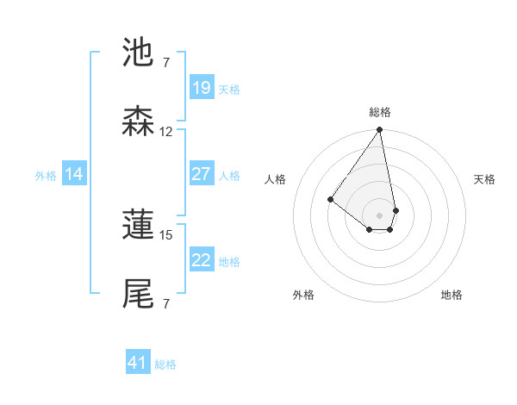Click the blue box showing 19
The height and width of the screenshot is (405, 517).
point(201,88)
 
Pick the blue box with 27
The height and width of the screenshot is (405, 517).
point(201,174)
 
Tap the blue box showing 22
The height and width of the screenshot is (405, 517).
point(201,260)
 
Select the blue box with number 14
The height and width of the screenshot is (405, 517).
point(74,174)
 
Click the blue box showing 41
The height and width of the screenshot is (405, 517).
point(138,363)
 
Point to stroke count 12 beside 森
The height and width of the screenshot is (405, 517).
point(166,132)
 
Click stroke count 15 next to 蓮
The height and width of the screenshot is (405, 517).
point(166,234)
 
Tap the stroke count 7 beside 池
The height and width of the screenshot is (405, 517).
point(166,63)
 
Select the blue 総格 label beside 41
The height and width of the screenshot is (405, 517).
point(165,364)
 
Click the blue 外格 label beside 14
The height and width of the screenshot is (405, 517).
point(46,176)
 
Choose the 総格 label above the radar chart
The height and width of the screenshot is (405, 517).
point(380,112)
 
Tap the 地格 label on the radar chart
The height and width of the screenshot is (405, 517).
point(452,295)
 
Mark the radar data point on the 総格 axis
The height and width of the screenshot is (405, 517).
point(379,131)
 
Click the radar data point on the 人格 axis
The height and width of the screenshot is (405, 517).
point(330,200)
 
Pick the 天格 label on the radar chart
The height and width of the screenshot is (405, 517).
point(484,179)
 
